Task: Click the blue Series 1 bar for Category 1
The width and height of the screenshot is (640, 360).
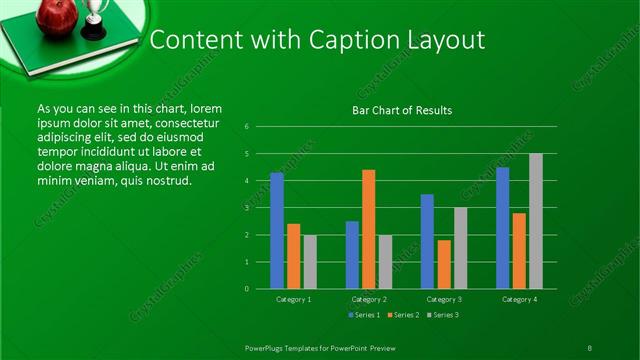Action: (x=277, y=230)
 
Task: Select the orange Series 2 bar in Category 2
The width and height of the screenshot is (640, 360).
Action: (x=369, y=229)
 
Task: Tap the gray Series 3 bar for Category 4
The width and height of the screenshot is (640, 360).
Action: (x=536, y=221)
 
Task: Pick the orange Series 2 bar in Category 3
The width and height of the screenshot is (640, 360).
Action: (x=444, y=264)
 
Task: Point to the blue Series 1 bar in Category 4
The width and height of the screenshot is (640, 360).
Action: (x=502, y=228)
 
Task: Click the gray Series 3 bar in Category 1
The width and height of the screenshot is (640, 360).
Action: (x=310, y=262)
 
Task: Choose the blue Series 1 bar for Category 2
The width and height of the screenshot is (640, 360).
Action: (x=352, y=255)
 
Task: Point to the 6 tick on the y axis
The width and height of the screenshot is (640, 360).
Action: (x=247, y=127)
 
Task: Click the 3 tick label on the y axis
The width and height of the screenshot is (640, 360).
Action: (x=247, y=208)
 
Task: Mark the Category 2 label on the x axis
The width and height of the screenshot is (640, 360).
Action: (x=368, y=299)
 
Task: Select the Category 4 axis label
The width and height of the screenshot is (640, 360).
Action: (x=519, y=299)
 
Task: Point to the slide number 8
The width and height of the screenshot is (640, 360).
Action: (x=589, y=347)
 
